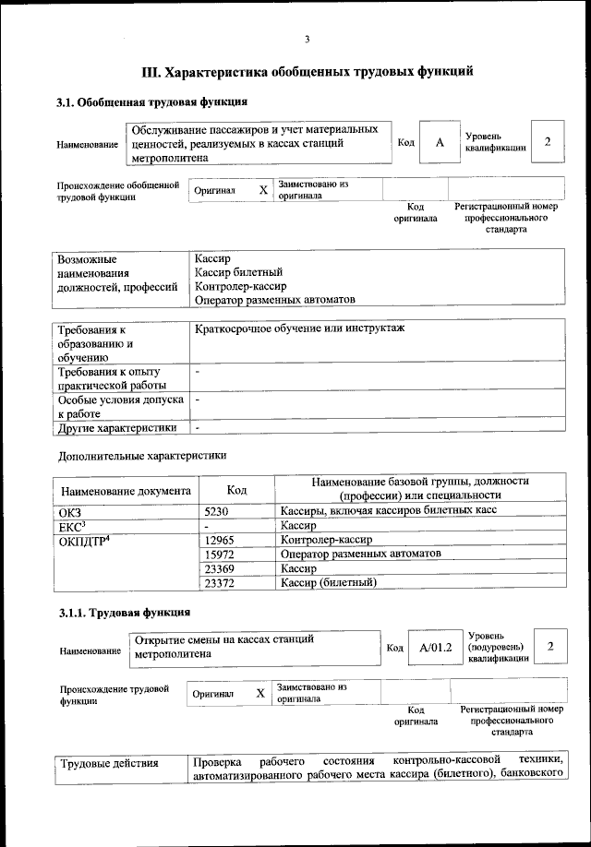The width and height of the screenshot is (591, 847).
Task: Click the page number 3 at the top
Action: pos(306,38)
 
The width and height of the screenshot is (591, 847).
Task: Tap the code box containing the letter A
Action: pos(440,142)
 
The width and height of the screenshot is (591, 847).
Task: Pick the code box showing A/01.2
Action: pos(434,648)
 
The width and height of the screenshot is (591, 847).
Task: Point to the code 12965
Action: pos(223,539)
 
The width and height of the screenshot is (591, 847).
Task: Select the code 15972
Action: pos(223,553)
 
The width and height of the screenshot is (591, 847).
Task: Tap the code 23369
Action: pos(223,567)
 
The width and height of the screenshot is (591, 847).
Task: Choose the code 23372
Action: pos(223,582)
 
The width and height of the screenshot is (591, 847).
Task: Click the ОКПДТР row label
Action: pos(90,539)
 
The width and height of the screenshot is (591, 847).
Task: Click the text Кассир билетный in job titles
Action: pos(239,271)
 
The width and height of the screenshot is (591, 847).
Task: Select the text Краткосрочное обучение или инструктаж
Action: pos(300,328)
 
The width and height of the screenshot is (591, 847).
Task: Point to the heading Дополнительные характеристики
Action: pos(141,455)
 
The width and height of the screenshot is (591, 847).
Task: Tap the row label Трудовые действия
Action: pos(109,763)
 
